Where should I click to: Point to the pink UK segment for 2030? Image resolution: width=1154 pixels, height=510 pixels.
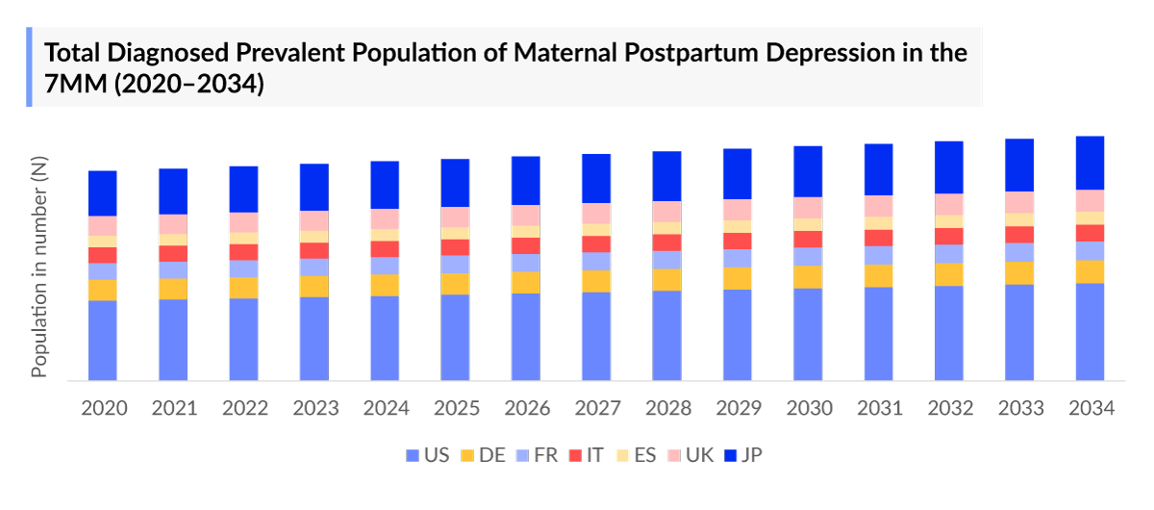click(808, 208)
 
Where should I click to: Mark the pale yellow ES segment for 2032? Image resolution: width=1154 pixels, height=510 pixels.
click(949, 221)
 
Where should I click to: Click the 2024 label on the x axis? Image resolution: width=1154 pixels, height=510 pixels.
click(386, 408)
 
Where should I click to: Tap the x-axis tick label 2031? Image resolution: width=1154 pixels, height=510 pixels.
click(879, 408)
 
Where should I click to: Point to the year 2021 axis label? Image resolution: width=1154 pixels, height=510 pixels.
click(174, 408)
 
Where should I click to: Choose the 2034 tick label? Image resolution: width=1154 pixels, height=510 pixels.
click(1091, 408)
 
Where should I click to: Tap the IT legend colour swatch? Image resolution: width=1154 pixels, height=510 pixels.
click(573, 455)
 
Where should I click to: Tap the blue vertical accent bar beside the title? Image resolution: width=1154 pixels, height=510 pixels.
click(29, 66)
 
